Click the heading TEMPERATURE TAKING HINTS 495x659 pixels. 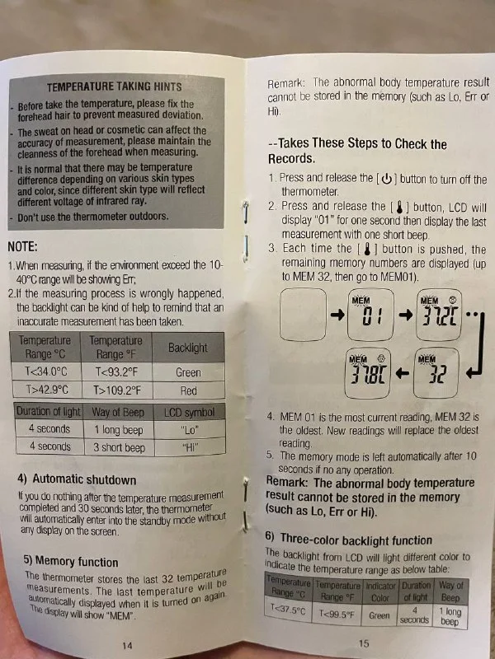[x=114, y=87]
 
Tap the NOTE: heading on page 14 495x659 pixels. [x=23, y=246]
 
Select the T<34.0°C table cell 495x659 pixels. [x=46, y=372]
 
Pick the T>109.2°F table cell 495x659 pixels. [x=117, y=390]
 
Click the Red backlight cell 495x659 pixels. [x=189, y=390]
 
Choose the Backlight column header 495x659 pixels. [x=188, y=348]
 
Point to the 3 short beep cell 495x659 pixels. [x=119, y=447]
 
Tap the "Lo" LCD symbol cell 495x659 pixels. [x=190, y=430]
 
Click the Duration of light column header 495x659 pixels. [x=49, y=412]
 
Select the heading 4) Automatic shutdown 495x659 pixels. [x=77, y=479]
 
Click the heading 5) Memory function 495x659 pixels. [x=71, y=561]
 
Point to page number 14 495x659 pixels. [x=127, y=645]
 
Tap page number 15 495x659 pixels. [x=364, y=643]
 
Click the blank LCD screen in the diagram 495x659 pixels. [x=303, y=315]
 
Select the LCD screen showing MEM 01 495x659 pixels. [x=370, y=315]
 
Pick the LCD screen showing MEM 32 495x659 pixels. [x=436, y=372]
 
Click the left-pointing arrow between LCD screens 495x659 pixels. [x=403, y=373]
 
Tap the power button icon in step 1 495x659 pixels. [x=387, y=180]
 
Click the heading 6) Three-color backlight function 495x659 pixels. [x=349, y=540]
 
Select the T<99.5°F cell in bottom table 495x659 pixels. [x=337, y=614]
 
